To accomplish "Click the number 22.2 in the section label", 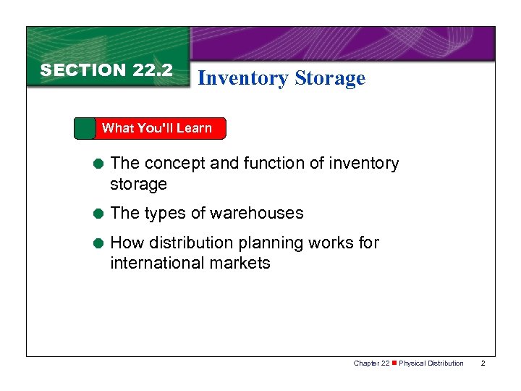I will tap(153, 70).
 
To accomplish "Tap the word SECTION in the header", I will tap(83, 70).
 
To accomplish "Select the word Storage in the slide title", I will tap(331, 78).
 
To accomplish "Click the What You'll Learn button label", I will tap(156, 128).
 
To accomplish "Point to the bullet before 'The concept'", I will tap(96, 164).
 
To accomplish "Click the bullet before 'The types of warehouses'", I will tap(96, 214).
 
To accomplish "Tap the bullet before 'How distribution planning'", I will tap(96, 243).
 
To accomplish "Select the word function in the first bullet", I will tap(274, 164).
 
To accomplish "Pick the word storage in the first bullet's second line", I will tap(138, 185).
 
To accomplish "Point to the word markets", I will tap(243, 263).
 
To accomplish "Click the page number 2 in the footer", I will tap(484, 363).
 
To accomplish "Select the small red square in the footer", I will tap(395, 363).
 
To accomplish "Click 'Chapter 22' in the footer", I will tap(372, 363).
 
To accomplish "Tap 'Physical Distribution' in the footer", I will tap(432, 363).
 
